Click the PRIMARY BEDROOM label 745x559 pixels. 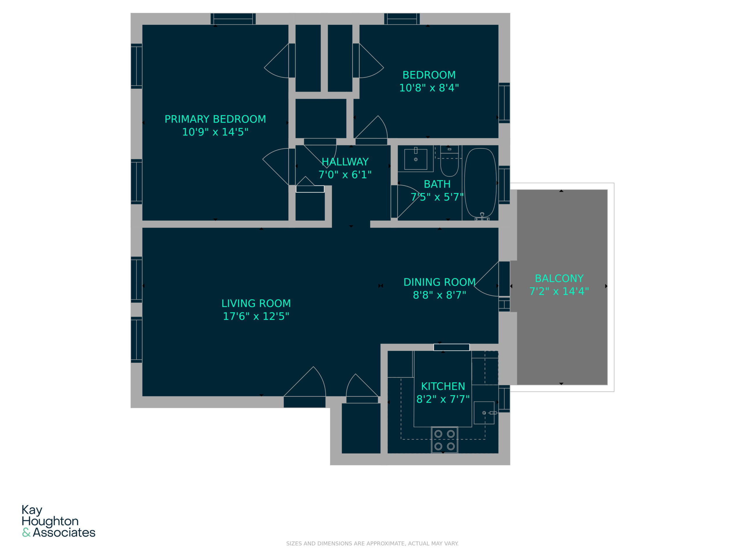point(215,119)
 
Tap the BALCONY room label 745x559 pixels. point(559,278)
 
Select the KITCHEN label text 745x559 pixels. point(443,386)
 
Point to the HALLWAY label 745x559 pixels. point(345,162)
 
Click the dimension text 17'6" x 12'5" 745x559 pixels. point(256,316)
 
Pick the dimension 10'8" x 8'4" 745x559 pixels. point(429,88)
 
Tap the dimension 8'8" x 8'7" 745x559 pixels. point(439,295)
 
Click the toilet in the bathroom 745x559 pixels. point(449,161)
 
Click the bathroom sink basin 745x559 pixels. point(416,159)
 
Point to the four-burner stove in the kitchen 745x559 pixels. point(444,440)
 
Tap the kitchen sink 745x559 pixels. point(484,413)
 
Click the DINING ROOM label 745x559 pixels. point(439,282)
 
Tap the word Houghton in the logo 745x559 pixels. point(50,521)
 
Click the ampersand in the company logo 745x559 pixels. point(26,533)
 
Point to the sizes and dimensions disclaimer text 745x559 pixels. point(372,544)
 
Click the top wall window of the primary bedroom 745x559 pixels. point(233,19)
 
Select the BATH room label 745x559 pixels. point(437,184)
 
